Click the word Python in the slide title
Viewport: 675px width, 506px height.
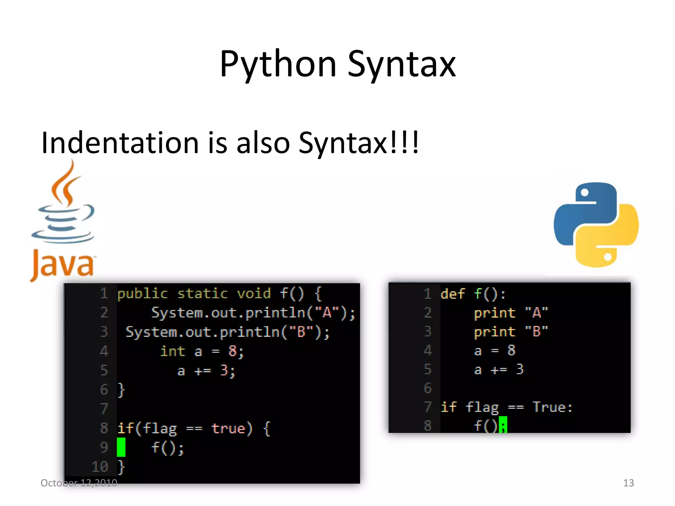click(278, 64)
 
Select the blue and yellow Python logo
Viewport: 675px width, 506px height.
click(596, 225)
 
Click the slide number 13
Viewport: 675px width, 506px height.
click(628, 483)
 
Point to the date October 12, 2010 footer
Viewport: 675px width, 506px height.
click(79, 483)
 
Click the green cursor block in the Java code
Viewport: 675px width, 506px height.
click(121, 447)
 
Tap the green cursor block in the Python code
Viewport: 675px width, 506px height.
click(503, 425)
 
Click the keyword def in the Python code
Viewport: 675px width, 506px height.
click(453, 294)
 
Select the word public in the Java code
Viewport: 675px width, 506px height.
click(142, 294)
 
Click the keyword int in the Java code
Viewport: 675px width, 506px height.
click(173, 351)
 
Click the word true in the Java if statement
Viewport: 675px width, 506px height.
click(228, 428)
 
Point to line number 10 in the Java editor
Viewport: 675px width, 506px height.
click(100, 467)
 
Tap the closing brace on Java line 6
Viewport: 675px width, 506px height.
click(121, 390)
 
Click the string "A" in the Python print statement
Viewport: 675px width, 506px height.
click(536, 313)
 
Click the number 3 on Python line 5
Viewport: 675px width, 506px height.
click(520, 370)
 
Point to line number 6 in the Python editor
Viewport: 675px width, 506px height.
click(427, 388)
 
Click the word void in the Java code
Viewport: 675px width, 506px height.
click(253, 294)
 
